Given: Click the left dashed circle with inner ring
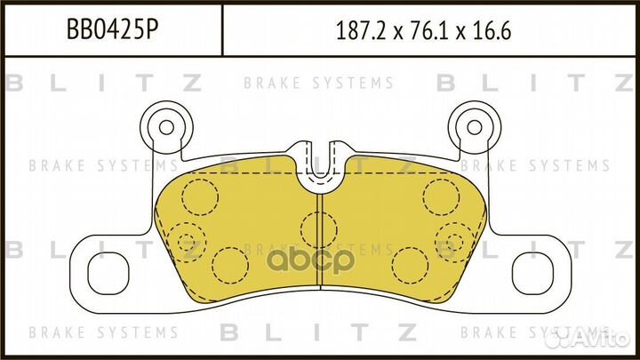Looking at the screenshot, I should click(186, 237).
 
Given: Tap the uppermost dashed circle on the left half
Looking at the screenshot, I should click(201, 196).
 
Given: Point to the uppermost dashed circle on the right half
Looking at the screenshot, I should click(439, 196).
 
